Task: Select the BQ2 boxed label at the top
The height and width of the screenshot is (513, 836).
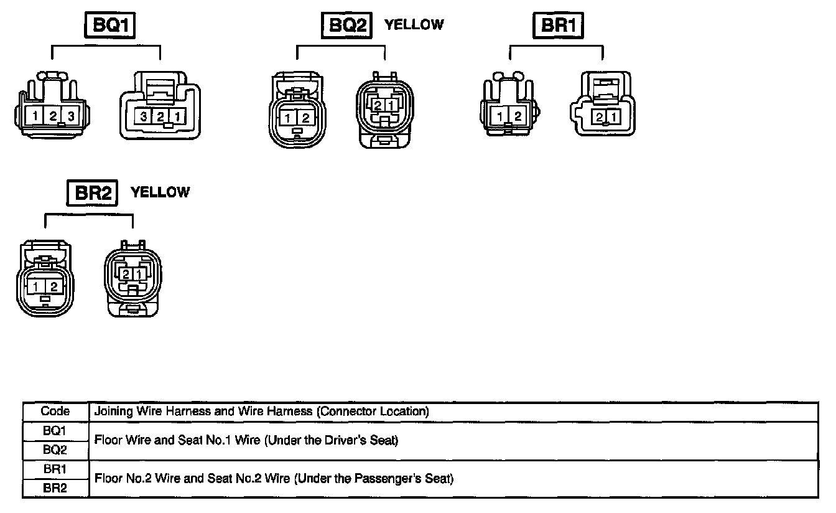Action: coord(346,27)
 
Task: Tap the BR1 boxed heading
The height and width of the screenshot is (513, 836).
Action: coord(559,26)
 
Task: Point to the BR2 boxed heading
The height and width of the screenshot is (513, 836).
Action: coord(92,193)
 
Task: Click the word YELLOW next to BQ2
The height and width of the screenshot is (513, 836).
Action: coord(414,25)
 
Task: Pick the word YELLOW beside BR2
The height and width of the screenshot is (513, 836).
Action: coord(160,192)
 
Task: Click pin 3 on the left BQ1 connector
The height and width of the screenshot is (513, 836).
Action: coord(72,115)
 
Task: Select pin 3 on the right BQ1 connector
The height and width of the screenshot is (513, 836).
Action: coord(144,116)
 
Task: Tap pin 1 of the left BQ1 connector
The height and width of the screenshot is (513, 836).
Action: coord(36,115)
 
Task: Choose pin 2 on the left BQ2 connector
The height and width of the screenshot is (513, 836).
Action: coord(305,118)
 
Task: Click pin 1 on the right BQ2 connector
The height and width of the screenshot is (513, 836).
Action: coord(390,106)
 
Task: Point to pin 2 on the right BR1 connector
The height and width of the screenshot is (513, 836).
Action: coord(599,116)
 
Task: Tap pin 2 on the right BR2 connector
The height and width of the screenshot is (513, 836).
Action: coord(126,274)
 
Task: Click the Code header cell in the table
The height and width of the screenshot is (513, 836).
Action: coord(55,412)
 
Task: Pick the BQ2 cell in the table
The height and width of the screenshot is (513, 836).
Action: coord(55,449)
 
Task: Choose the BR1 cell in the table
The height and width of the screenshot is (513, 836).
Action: coord(55,469)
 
